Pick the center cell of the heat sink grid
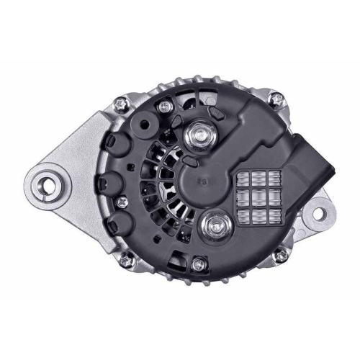257,196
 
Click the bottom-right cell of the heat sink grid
274,215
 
